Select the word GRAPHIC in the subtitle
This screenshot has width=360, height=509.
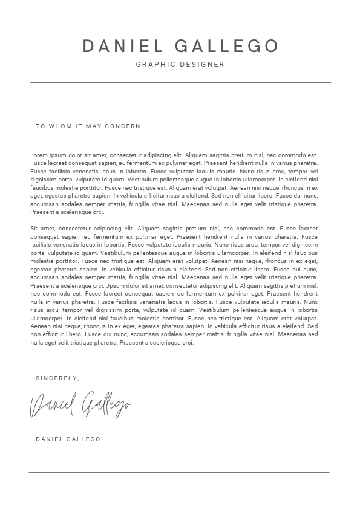click(155, 64)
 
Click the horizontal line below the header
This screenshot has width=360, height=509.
click(180, 82)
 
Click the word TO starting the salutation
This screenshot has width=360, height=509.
click(41, 126)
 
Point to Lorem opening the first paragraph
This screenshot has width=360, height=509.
click(38, 155)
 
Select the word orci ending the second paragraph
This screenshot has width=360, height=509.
click(187, 342)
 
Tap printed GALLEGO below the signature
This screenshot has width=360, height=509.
click(84, 439)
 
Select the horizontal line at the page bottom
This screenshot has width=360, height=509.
click(179, 472)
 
